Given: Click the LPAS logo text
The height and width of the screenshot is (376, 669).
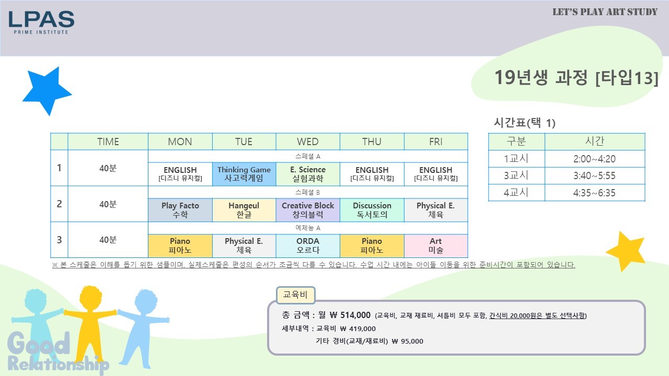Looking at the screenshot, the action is (x=41, y=19).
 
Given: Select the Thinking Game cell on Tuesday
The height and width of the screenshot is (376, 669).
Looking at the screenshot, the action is (x=244, y=174).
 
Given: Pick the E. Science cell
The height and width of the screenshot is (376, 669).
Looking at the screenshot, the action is (x=308, y=174).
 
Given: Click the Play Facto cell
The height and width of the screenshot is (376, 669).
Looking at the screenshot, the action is (x=180, y=210).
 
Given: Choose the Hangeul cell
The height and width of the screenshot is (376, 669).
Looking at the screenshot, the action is (x=244, y=210).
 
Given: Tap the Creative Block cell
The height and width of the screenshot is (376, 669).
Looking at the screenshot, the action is (x=308, y=210).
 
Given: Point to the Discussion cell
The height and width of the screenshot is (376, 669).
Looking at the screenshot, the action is (x=372, y=210).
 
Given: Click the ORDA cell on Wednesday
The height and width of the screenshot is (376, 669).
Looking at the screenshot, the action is (x=308, y=245).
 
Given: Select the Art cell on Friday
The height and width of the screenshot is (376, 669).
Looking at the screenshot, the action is (x=436, y=245).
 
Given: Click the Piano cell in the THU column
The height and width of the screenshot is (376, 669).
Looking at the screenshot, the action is (x=372, y=245).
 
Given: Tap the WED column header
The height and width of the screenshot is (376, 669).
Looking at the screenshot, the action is (x=308, y=142).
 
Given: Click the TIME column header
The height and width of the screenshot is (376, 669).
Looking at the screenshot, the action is (x=108, y=142).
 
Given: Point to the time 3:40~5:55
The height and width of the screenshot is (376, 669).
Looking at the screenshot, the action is (x=594, y=175).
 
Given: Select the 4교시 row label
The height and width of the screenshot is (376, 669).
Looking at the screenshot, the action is (x=516, y=193).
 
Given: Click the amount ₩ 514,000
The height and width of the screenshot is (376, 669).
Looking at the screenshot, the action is (x=350, y=315).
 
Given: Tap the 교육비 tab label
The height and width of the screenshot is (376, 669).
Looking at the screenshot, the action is (x=295, y=295).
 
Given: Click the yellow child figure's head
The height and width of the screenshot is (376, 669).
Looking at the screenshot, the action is (x=90, y=298).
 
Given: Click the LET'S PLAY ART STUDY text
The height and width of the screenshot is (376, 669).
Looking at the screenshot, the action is (x=605, y=12).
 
